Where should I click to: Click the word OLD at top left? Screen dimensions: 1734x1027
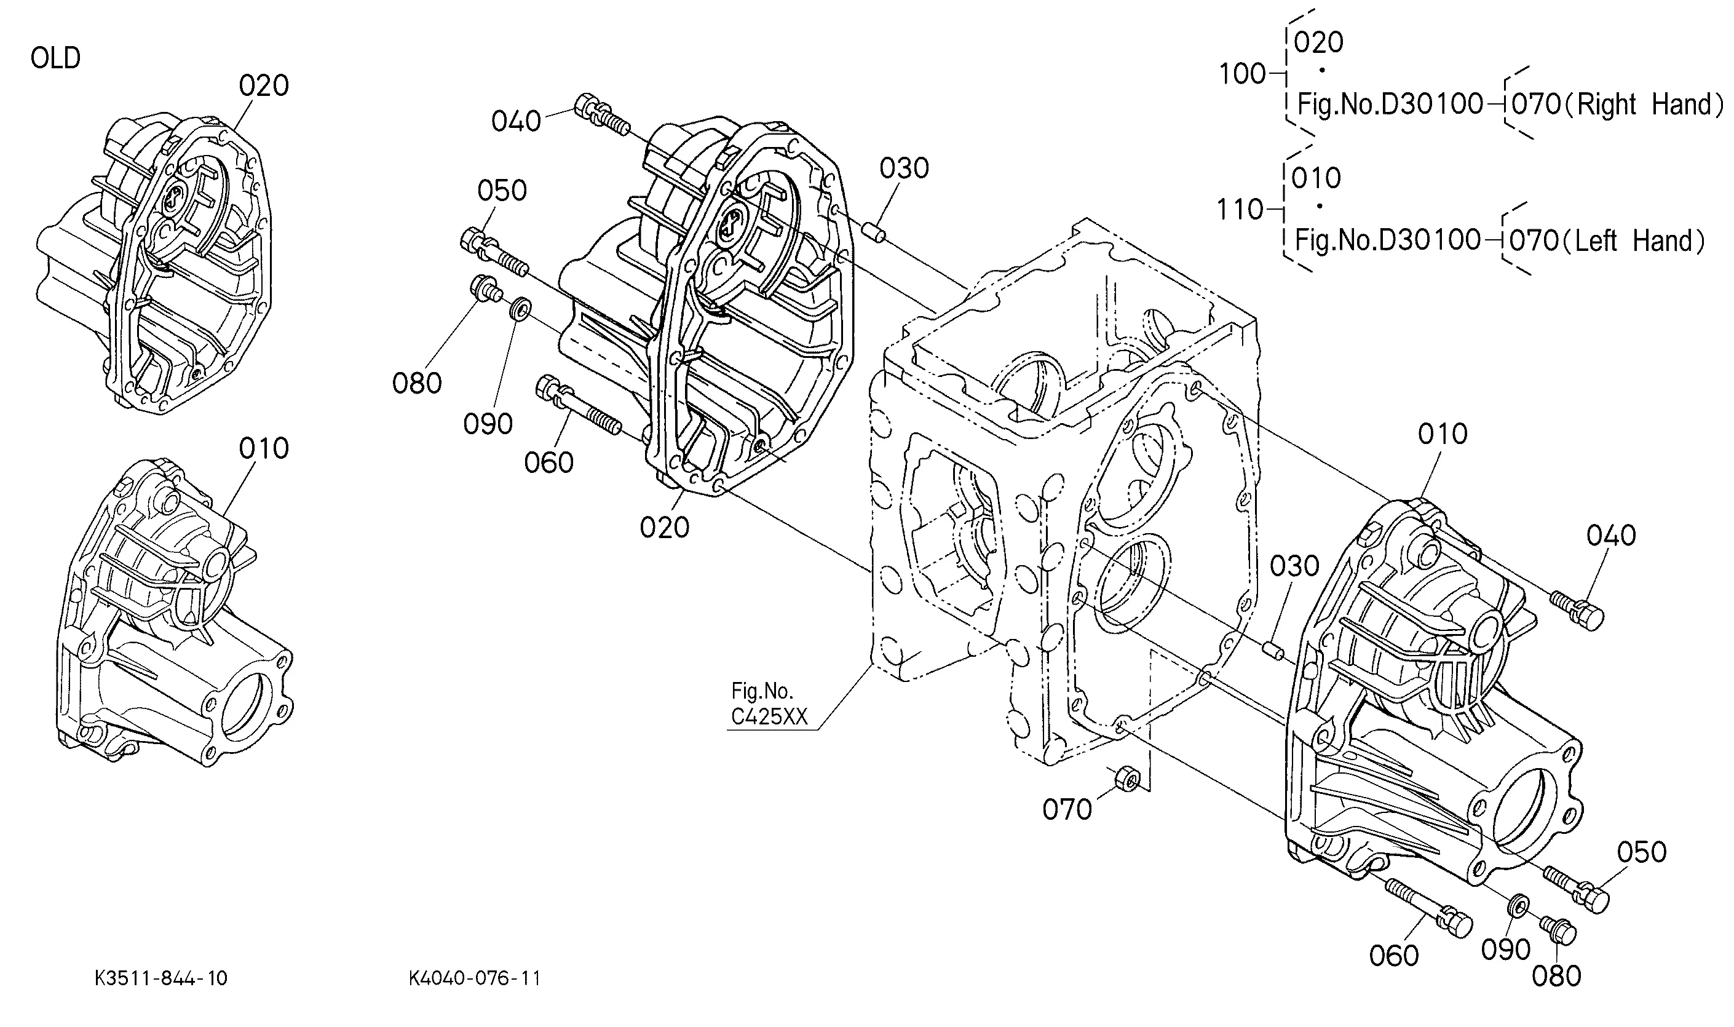click(x=55, y=58)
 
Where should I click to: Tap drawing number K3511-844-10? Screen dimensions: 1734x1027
click(x=160, y=978)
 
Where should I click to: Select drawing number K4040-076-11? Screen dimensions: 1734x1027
click(x=475, y=978)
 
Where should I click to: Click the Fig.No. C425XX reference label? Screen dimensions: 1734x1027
click(x=769, y=704)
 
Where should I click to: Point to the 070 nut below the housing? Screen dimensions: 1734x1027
click(x=1127, y=780)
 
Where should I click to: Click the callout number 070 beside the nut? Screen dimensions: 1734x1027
click(x=1067, y=809)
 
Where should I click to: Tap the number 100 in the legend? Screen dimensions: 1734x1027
click(x=1242, y=73)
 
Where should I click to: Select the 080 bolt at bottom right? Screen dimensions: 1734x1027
click(x=1557, y=930)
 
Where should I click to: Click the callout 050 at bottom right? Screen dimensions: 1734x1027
click(x=1642, y=852)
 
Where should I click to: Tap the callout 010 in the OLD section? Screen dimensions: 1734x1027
click(x=264, y=448)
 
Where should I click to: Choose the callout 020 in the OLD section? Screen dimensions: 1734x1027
click(x=264, y=86)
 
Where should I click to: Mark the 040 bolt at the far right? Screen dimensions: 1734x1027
click(x=1576, y=609)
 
